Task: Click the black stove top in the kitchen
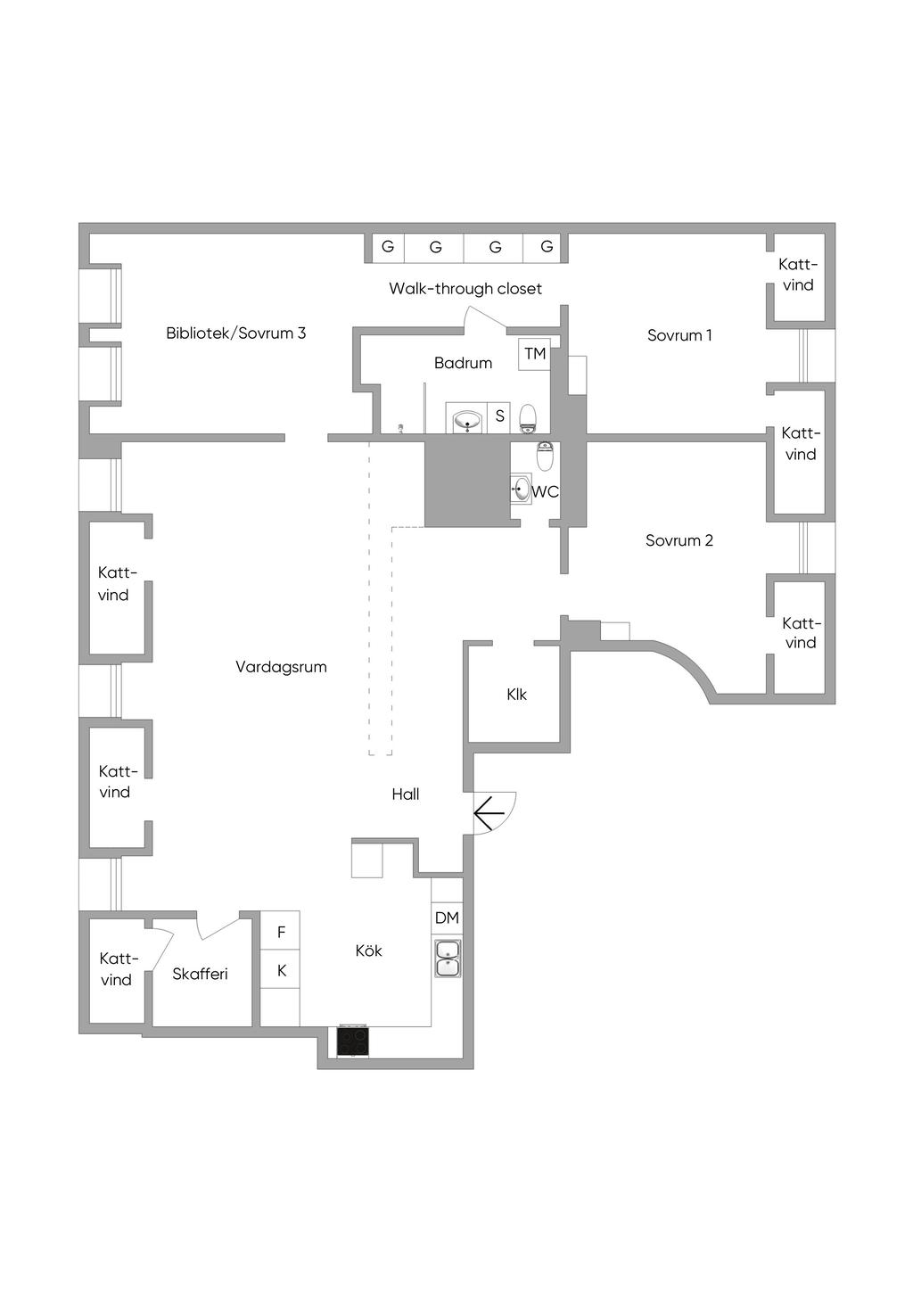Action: pos(353,1041)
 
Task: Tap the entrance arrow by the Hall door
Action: pos(489,813)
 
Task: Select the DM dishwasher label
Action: pos(447,918)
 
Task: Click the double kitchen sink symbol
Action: pos(447,958)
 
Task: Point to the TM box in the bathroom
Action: pos(535,354)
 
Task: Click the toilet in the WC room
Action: pos(545,456)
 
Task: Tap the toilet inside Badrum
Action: pos(528,416)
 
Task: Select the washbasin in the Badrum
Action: pos(467,420)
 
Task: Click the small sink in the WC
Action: pos(521,489)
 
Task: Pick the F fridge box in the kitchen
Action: pos(281,932)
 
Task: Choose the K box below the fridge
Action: pos(281,970)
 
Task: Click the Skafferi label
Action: pos(200,974)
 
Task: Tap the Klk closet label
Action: pos(516,695)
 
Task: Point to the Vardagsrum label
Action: pos(281,667)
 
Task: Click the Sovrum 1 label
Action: pos(679,335)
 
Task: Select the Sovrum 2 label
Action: pos(679,540)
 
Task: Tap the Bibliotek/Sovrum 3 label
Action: pos(236,333)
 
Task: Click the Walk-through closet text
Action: pos(465,289)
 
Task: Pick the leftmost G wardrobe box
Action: pos(388,247)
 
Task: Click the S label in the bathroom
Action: pos(500,416)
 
